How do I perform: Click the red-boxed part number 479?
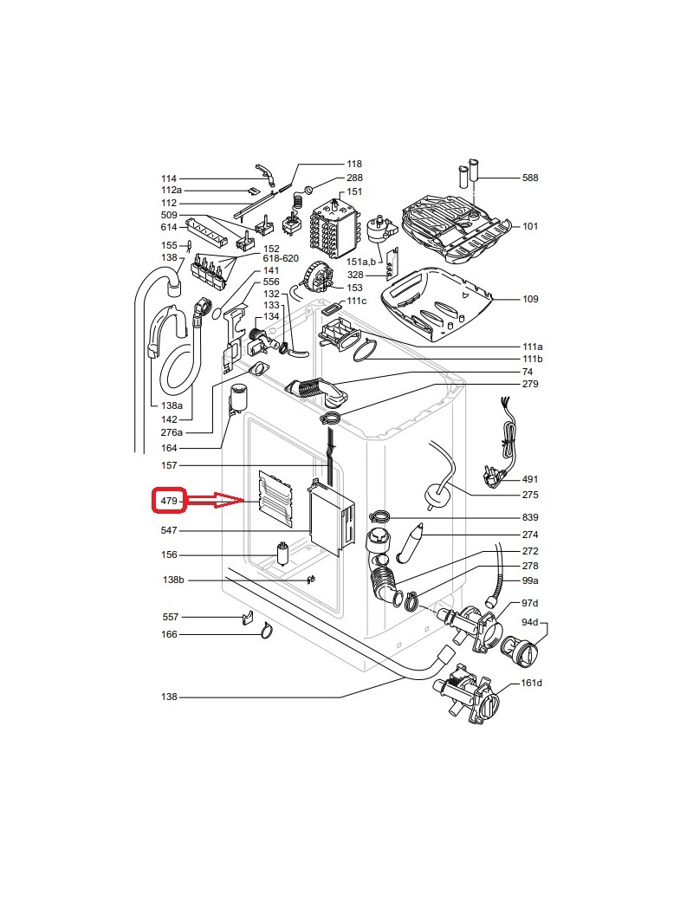pos(168,501)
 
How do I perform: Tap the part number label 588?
pos(530,178)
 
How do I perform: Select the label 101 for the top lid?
pos(530,226)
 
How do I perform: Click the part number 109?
pos(530,299)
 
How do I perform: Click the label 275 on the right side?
pos(530,495)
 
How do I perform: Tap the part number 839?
pos(530,518)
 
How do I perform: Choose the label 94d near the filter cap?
pos(530,622)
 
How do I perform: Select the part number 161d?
pos(532,684)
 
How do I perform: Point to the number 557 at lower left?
pos(170,617)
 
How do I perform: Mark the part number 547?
pos(170,530)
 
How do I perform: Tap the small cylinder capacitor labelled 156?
pos(282,552)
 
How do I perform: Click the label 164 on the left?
pos(170,448)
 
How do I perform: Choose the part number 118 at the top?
pos(354,164)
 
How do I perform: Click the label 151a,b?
pos(362,262)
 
